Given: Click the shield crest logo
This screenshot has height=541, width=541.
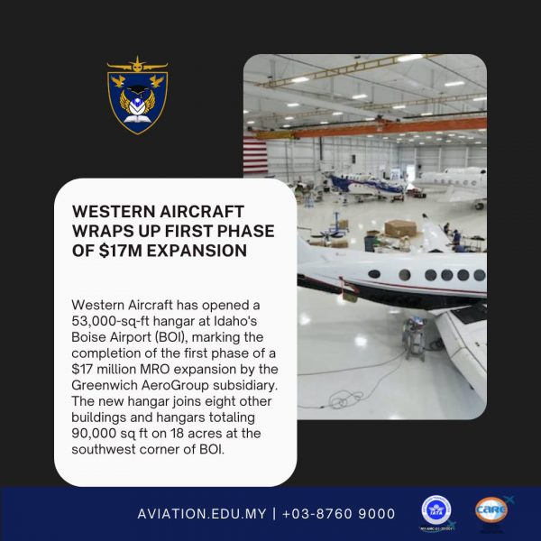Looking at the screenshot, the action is click(137, 96).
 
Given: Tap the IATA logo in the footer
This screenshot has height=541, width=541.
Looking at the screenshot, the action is click(436, 510).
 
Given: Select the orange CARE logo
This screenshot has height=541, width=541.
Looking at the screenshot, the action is click(491, 509).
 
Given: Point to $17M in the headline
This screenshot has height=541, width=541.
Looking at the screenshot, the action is click(120, 251).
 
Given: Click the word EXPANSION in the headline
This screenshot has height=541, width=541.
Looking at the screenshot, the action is click(197, 251).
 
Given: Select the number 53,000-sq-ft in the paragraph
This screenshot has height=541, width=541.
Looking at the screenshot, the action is click(110, 322).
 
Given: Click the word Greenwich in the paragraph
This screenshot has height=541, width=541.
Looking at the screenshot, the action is click(105, 385).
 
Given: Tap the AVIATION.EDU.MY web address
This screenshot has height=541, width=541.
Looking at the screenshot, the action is click(202, 514).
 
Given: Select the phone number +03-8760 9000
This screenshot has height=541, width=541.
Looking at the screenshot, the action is click(338, 514).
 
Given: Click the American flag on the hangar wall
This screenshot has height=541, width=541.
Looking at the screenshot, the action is click(255, 154).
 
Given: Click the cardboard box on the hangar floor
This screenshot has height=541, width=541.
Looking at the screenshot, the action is click(400, 228).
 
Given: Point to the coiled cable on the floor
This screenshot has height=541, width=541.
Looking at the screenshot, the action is click(347, 399).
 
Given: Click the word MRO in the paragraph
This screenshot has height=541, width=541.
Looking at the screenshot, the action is click(154, 369).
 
